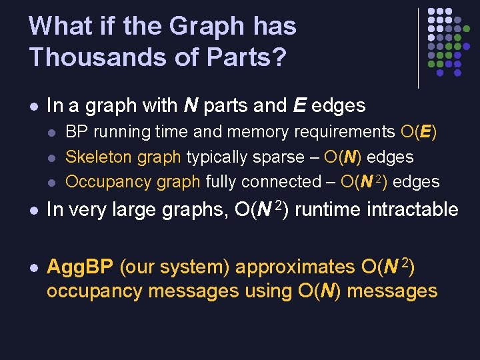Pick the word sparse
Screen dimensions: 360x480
(x=281, y=157)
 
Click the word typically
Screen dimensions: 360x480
(x=217, y=157)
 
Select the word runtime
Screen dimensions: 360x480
(x=322, y=211)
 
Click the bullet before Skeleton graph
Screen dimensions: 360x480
(x=53, y=158)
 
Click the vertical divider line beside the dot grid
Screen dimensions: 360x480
(x=418, y=47)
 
